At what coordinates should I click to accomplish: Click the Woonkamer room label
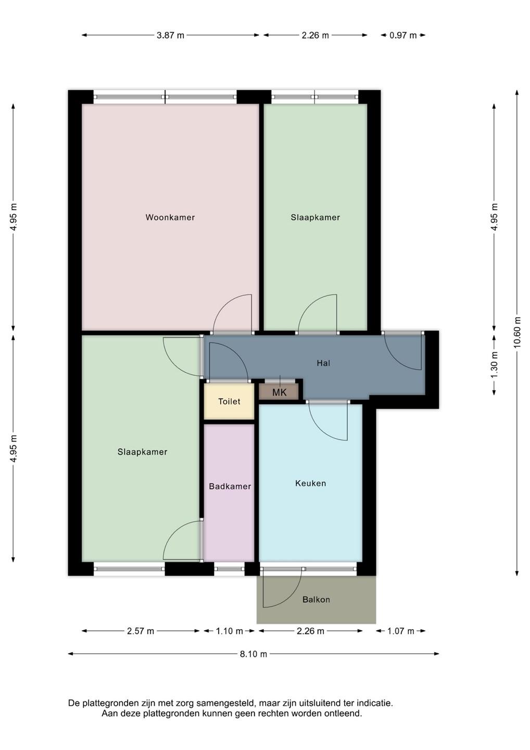pyautogui.click(x=170, y=217)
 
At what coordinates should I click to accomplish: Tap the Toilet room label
pyautogui.click(x=229, y=401)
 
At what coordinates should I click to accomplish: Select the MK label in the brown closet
pyautogui.click(x=280, y=392)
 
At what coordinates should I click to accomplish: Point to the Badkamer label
pyautogui.click(x=230, y=486)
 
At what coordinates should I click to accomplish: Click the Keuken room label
pyautogui.click(x=310, y=483)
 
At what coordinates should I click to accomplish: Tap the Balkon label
pyautogui.click(x=316, y=599)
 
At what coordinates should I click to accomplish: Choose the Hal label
pyautogui.click(x=323, y=363)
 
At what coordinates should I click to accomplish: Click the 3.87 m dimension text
pyautogui.click(x=170, y=35)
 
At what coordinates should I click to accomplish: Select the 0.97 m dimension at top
pyautogui.click(x=403, y=35)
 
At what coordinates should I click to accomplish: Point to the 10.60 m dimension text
pyautogui.click(x=518, y=332)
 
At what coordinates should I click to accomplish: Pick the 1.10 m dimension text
pyautogui.click(x=229, y=631)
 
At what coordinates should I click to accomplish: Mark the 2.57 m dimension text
pyautogui.click(x=141, y=631)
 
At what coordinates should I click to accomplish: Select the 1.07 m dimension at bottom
pyautogui.click(x=400, y=631)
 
